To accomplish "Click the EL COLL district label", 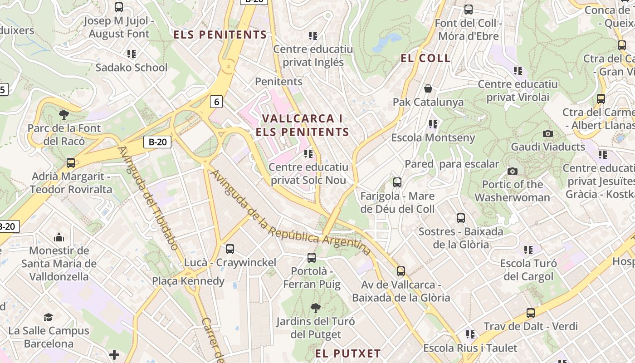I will click(425, 58).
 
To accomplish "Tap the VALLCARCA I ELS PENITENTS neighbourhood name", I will click(302, 125).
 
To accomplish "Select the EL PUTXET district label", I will click(348, 353).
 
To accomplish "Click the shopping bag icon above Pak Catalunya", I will click(428, 88).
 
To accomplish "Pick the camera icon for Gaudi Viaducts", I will click(548, 133).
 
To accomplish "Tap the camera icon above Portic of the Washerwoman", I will click(512, 171).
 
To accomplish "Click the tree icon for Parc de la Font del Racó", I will click(64, 114).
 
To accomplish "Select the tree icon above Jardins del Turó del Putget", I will click(315, 308).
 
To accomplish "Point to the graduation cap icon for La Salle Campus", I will click(49, 317).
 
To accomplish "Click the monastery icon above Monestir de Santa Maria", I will click(59, 237).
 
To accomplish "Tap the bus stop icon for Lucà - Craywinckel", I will click(230, 249).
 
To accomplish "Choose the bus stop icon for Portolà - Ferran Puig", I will click(312, 258).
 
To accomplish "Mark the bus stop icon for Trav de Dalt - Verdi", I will click(530, 313).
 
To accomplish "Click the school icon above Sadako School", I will click(132, 54).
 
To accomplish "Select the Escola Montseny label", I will click(433, 137).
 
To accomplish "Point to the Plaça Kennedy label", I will click(188, 281).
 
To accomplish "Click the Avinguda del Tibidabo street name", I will click(148, 198).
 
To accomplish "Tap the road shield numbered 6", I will click(216, 102).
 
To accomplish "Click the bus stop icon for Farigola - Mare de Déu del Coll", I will click(397, 182).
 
